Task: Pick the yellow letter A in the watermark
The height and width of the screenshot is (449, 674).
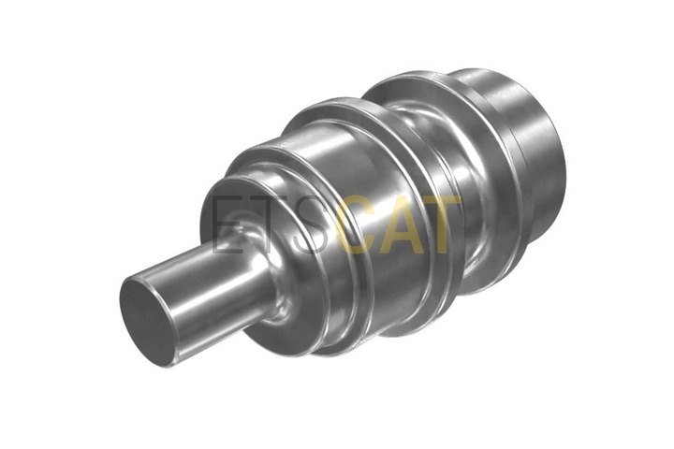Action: click(x=402, y=225)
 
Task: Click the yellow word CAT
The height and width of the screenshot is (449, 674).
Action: click(x=399, y=225)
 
